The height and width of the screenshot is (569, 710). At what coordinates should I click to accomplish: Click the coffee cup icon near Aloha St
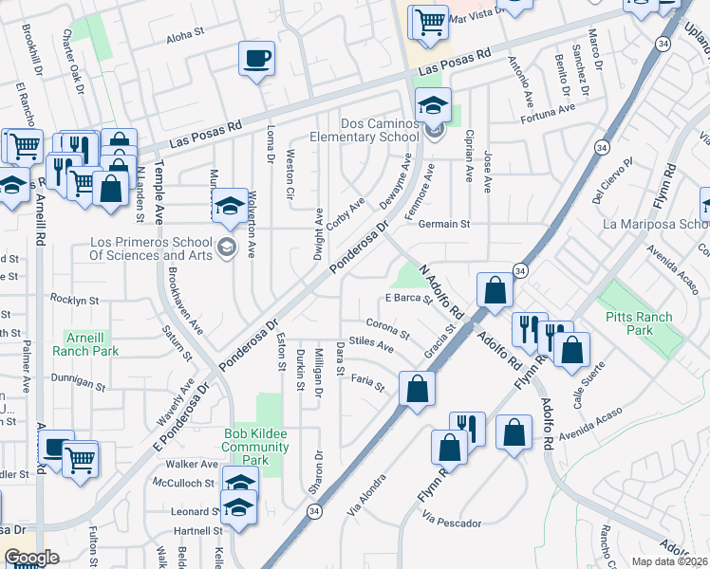(257, 59)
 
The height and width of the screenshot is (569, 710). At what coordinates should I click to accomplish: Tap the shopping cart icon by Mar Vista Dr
(429, 21)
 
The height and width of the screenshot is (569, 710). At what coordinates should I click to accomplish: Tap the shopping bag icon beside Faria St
(417, 388)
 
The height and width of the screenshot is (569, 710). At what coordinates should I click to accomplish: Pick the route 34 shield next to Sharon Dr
(312, 511)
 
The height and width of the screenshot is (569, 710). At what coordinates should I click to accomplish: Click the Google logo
(31, 558)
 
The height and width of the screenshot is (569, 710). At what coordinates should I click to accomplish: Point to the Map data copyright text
(669, 561)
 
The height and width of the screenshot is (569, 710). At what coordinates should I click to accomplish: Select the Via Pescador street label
(454, 523)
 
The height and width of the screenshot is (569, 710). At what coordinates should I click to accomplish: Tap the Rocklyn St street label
(75, 300)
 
